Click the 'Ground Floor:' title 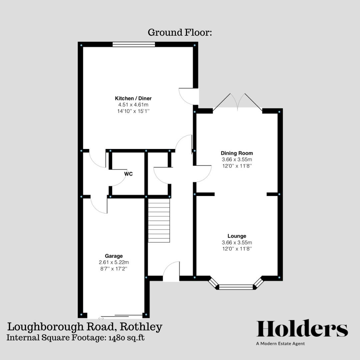pos(180,33)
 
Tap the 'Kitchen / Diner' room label pos(133,98)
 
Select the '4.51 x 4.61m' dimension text pos(133,105)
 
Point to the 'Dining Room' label pos(237,153)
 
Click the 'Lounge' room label pos(237,236)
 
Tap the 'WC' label pos(129,174)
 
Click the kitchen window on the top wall pos(134,44)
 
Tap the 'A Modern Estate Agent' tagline pos(280,344)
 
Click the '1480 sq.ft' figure pos(127,337)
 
